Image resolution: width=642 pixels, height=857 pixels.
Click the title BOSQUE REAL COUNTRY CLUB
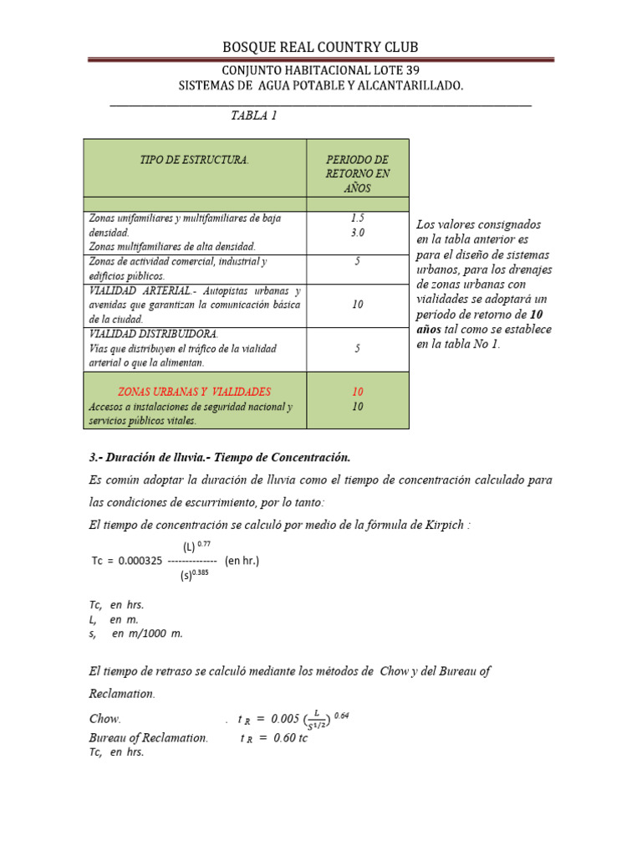pyautogui.click(x=320, y=48)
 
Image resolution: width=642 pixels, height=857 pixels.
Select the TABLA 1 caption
pyautogui.click(x=253, y=115)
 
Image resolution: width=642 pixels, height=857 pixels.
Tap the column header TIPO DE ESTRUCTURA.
pyautogui.click(x=194, y=159)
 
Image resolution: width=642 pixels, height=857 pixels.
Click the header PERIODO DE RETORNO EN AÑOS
pyautogui.click(x=357, y=173)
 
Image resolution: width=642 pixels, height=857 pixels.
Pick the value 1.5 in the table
pyautogui.click(x=357, y=218)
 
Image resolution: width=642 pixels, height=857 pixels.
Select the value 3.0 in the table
pyautogui.click(x=357, y=232)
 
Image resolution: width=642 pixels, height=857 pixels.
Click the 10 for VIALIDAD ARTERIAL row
pyautogui.click(x=357, y=305)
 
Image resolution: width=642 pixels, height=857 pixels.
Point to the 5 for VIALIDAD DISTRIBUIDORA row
pyautogui.click(x=357, y=348)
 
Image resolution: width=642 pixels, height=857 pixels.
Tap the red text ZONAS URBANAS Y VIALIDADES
pyautogui.click(x=194, y=392)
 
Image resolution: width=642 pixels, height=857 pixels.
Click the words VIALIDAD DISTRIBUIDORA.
pyautogui.click(x=142, y=334)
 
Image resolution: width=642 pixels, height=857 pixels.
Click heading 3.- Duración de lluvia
pyautogui.click(x=219, y=458)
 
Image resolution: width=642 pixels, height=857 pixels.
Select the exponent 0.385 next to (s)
pyautogui.click(x=204, y=573)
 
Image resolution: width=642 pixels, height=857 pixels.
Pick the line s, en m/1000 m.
pyautogui.click(x=135, y=634)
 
